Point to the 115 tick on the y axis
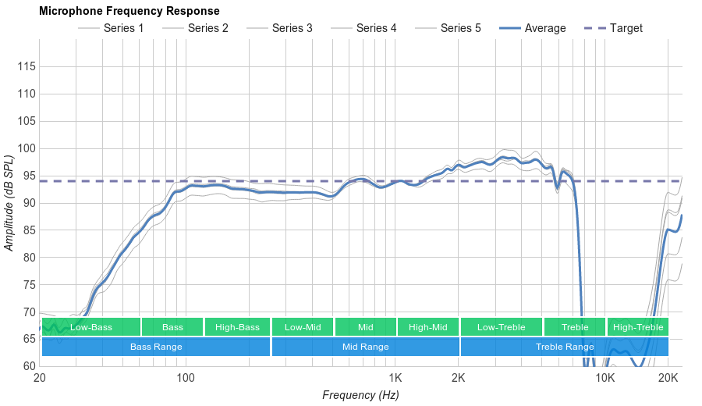27,67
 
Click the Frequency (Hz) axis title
360,395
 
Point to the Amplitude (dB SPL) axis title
9,203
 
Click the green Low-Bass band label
90,327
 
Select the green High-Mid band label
427,327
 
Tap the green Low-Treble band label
501,327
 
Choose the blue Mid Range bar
365,347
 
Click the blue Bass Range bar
156,347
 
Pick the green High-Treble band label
638,327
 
